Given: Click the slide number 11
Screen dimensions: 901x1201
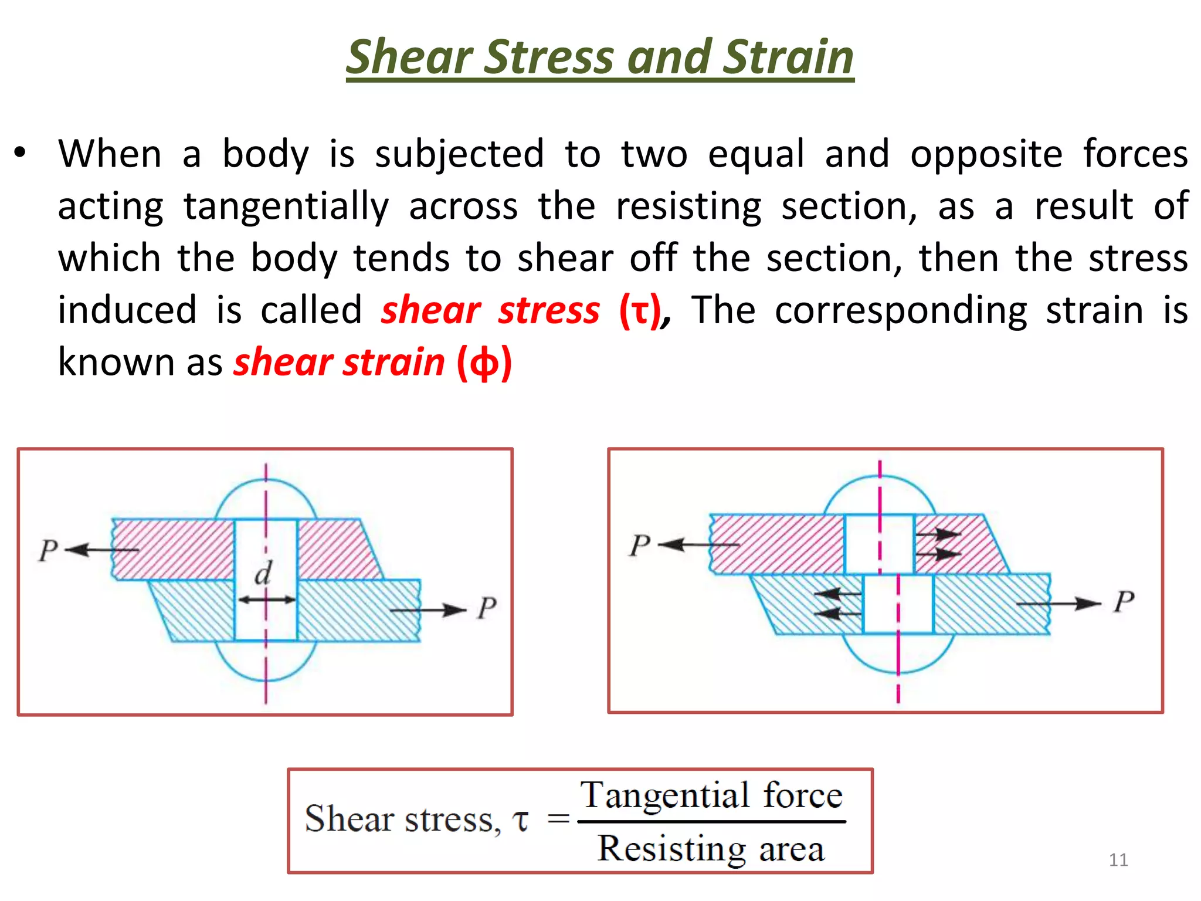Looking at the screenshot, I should coord(1118,860).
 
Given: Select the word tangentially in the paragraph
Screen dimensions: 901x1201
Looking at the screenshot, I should coord(286,206).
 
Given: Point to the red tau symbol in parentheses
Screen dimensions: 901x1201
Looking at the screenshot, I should coord(640,311).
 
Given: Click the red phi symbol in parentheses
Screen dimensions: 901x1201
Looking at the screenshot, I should coord(484,363).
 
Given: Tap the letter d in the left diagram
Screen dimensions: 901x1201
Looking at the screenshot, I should coord(263,573).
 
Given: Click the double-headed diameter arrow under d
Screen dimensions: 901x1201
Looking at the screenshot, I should coord(266,599).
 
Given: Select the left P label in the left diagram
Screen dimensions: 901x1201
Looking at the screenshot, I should coord(48,550).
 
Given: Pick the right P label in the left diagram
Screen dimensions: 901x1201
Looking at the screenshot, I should coord(486,608).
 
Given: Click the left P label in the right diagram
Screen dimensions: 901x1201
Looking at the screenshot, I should coord(639,545).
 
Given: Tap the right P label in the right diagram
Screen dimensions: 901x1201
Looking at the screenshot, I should coord(1124,602).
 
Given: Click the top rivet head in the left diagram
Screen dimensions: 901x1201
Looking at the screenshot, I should coord(265,499).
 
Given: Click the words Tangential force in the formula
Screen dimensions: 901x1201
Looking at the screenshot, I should coord(711,795).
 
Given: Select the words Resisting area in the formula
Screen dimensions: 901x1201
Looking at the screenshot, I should coord(711,848).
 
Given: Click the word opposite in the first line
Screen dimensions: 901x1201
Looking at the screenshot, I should coord(986,154).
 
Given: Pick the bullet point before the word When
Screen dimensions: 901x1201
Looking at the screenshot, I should coord(21,153).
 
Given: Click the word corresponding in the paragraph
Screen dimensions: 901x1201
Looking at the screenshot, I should coord(900,310).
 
